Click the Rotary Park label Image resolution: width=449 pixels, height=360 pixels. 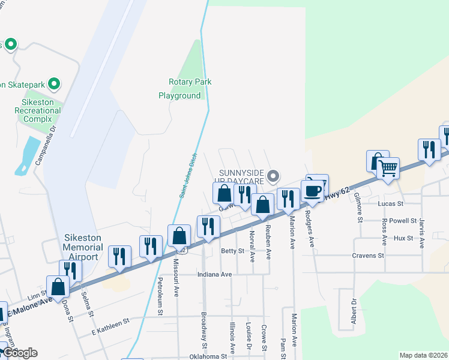tap(190, 82)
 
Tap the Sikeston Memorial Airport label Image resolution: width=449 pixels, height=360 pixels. tap(81, 247)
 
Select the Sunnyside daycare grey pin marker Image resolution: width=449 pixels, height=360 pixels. tap(274, 176)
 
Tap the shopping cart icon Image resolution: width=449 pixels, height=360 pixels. tap(388, 169)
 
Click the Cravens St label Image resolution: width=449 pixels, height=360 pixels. tap(369, 256)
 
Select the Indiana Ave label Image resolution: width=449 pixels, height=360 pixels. tap(214, 274)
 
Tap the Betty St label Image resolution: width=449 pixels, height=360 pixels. tap(233, 251)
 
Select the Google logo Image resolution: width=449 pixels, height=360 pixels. tap(20, 353)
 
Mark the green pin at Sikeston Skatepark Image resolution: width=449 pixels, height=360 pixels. tap(54, 84)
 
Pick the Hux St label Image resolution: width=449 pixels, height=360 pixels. tap(403, 238)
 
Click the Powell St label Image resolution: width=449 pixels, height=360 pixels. tap(402, 221)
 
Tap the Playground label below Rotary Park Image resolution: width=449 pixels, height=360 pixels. tap(179, 95)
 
